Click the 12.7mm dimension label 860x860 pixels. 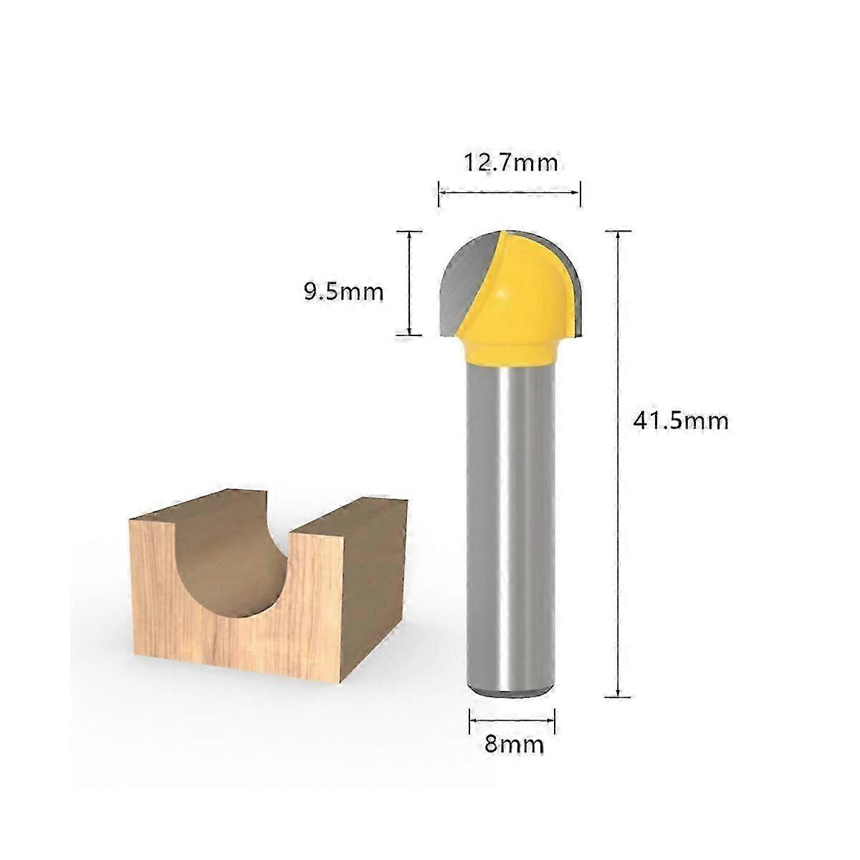click(x=510, y=163)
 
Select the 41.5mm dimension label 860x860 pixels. click(x=680, y=420)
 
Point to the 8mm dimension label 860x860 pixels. click(x=514, y=744)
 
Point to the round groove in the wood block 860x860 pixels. click(x=229, y=566)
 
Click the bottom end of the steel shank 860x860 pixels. click(x=512, y=690)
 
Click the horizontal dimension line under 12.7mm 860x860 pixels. click(x=510, y=192)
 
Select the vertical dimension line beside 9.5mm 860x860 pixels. click(x=409, y=283)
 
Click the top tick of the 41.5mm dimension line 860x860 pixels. click(x=618, y=231)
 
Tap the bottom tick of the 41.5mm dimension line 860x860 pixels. click(x=618, y=695)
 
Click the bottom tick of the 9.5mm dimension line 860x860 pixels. click(x=409, y=334)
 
